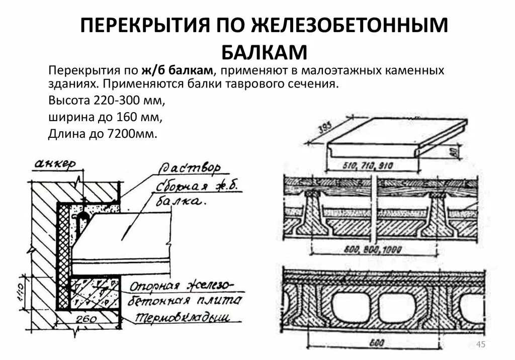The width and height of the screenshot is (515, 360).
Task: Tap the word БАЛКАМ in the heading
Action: pyautogui.click(x=264, y=52)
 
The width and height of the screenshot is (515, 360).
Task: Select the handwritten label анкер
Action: pyautogui.click(x=55, y=164)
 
